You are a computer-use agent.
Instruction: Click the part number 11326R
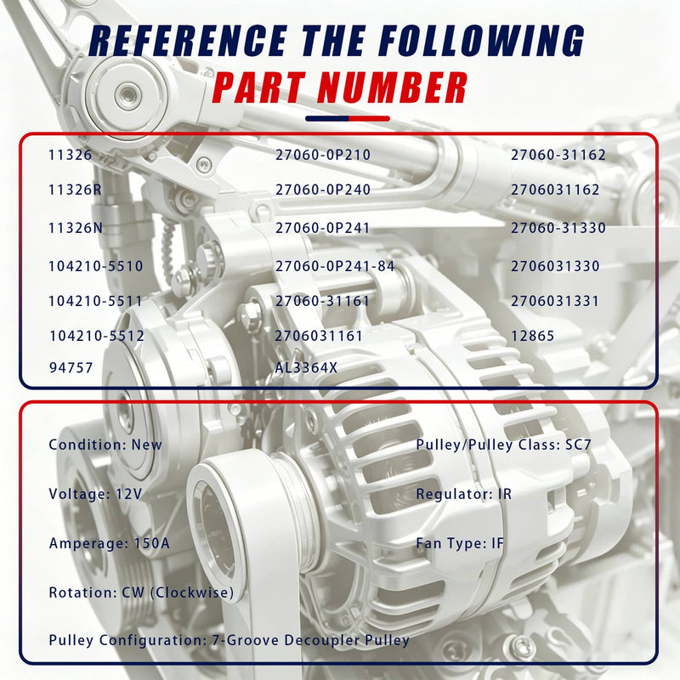[75, 190]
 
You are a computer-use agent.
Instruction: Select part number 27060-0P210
[323, 155]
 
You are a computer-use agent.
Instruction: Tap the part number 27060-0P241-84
[335, 266]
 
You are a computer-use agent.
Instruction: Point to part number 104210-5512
[97, 336]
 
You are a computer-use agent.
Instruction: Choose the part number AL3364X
[306, 368]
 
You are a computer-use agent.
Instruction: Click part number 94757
[71, 368]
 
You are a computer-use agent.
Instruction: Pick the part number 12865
[533, 336]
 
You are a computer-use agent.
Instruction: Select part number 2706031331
[555, 301]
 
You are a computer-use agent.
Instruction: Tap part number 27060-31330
[558, 228]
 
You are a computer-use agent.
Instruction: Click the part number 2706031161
[319, 336]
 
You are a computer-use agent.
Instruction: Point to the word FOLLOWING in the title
[480, 41]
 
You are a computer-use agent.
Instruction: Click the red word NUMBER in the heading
[392, 88]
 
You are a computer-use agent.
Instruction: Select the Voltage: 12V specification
[95, 494]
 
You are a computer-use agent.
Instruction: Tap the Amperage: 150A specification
[110, 543]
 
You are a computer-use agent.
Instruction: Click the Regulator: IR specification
[463, 494]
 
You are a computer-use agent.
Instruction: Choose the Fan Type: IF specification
[460, 543]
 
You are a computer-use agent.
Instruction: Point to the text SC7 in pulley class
[578, 445]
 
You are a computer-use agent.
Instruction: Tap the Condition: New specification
[105, 445]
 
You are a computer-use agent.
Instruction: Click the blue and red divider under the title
[348, 118]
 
